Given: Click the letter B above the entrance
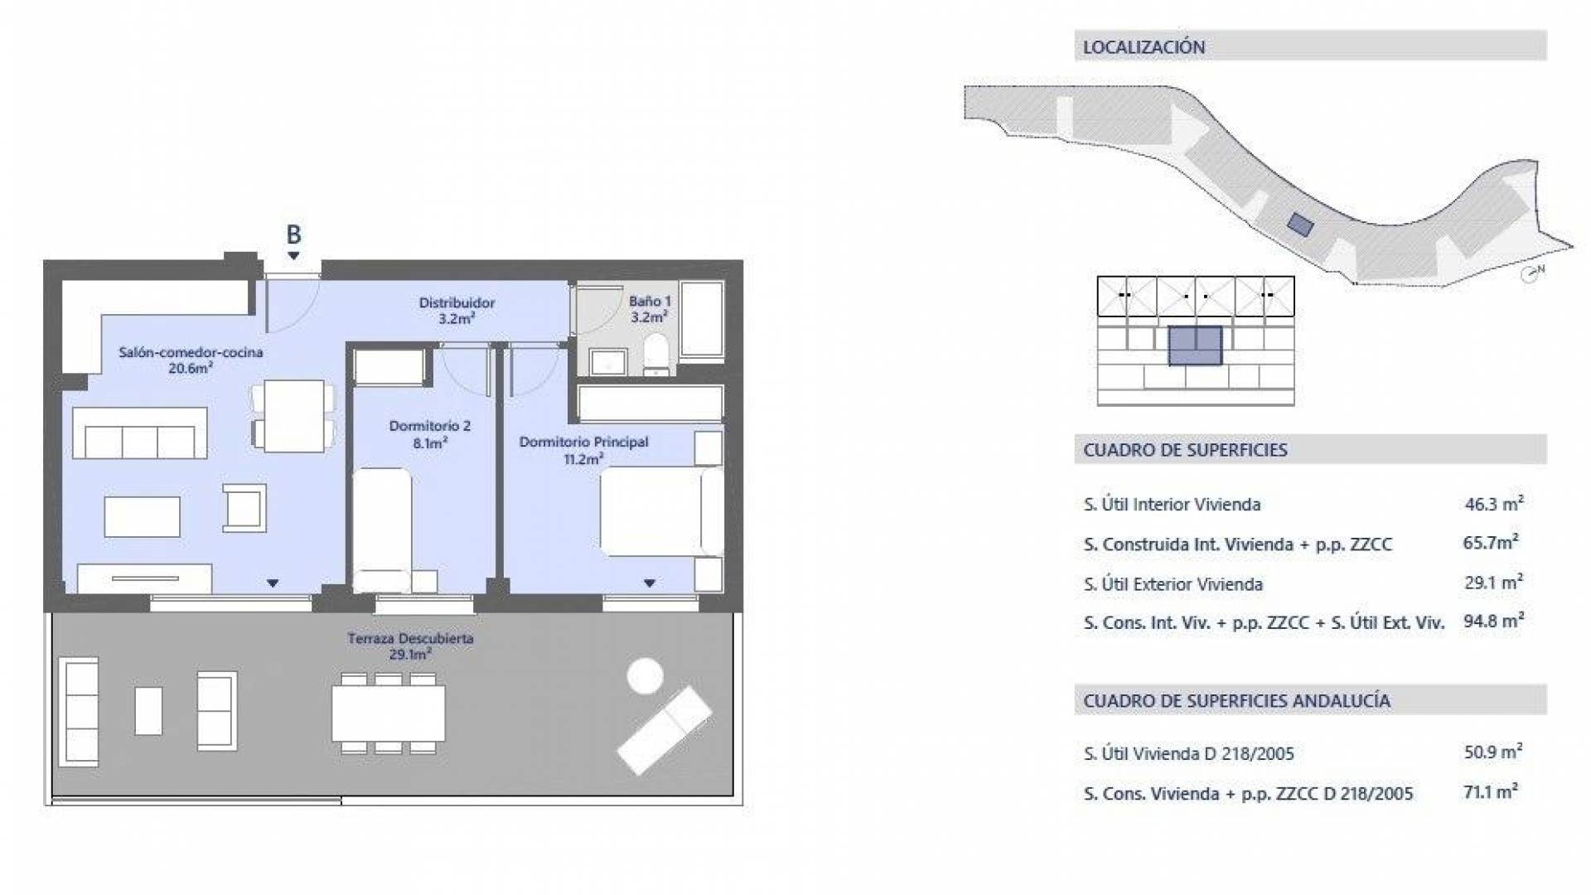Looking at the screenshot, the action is tap(293, 235).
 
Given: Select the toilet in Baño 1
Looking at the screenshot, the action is tap(656, 355).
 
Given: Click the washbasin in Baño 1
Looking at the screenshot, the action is tap(608, 361).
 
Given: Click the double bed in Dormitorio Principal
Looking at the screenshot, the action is tap(661, 511).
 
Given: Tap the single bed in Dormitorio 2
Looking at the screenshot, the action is tap(382, 530).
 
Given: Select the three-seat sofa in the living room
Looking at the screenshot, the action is tap(139, 433).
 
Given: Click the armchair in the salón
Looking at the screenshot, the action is tap(244, 507).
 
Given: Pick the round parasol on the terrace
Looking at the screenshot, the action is tap(645, 675).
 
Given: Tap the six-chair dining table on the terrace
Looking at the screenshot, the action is tap(389, 714).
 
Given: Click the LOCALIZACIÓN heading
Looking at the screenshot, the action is tap(1144, 47).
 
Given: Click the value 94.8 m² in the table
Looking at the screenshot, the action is tap(1493, 621).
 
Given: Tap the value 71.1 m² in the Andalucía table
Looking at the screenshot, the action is tap(1491, 791).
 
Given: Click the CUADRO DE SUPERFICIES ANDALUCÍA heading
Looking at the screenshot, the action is tap(1236, 701).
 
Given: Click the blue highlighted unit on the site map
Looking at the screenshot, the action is tap(1300, 225).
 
